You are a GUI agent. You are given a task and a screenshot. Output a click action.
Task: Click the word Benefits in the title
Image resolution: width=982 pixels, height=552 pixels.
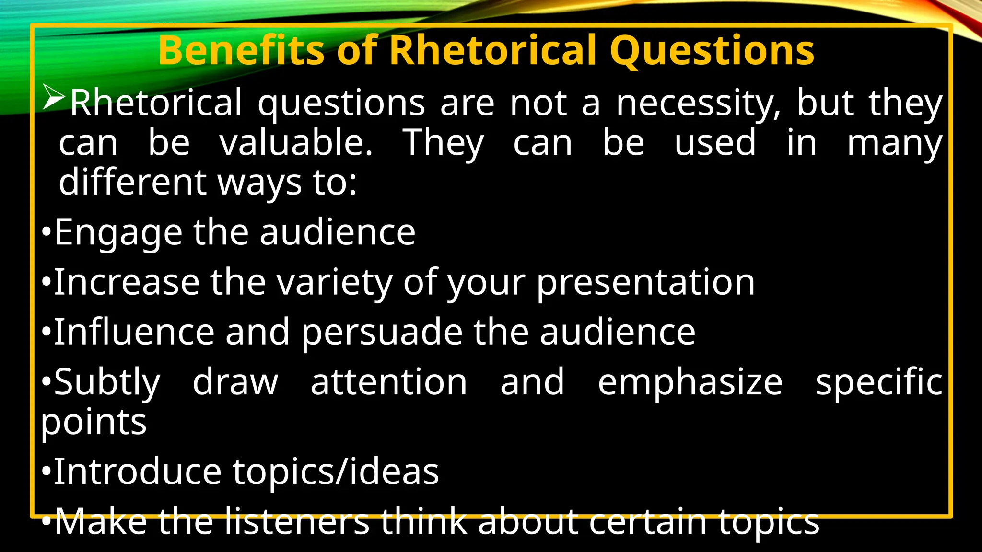[x=242, y=51]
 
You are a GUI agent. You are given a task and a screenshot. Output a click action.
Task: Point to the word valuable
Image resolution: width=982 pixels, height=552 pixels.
[x=296, y=143]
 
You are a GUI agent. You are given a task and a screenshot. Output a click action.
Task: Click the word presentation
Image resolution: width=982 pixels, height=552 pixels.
[x=645, y=283]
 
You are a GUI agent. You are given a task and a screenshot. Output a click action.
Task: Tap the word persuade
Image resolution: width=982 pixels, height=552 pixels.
[x=382, y=333]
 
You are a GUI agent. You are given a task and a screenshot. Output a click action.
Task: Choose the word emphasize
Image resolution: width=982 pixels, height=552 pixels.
[x=690, y=382]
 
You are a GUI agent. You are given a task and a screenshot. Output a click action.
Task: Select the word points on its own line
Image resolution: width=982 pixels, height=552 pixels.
[x=94, y=423]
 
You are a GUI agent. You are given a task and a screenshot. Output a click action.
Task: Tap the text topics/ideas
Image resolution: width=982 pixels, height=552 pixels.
[x=336, y=472]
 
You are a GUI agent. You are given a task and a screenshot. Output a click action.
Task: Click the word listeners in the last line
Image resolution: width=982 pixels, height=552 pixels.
[x=297, y=522]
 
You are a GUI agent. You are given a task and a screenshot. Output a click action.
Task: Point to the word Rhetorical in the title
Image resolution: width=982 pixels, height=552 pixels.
[x=494, y=51]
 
